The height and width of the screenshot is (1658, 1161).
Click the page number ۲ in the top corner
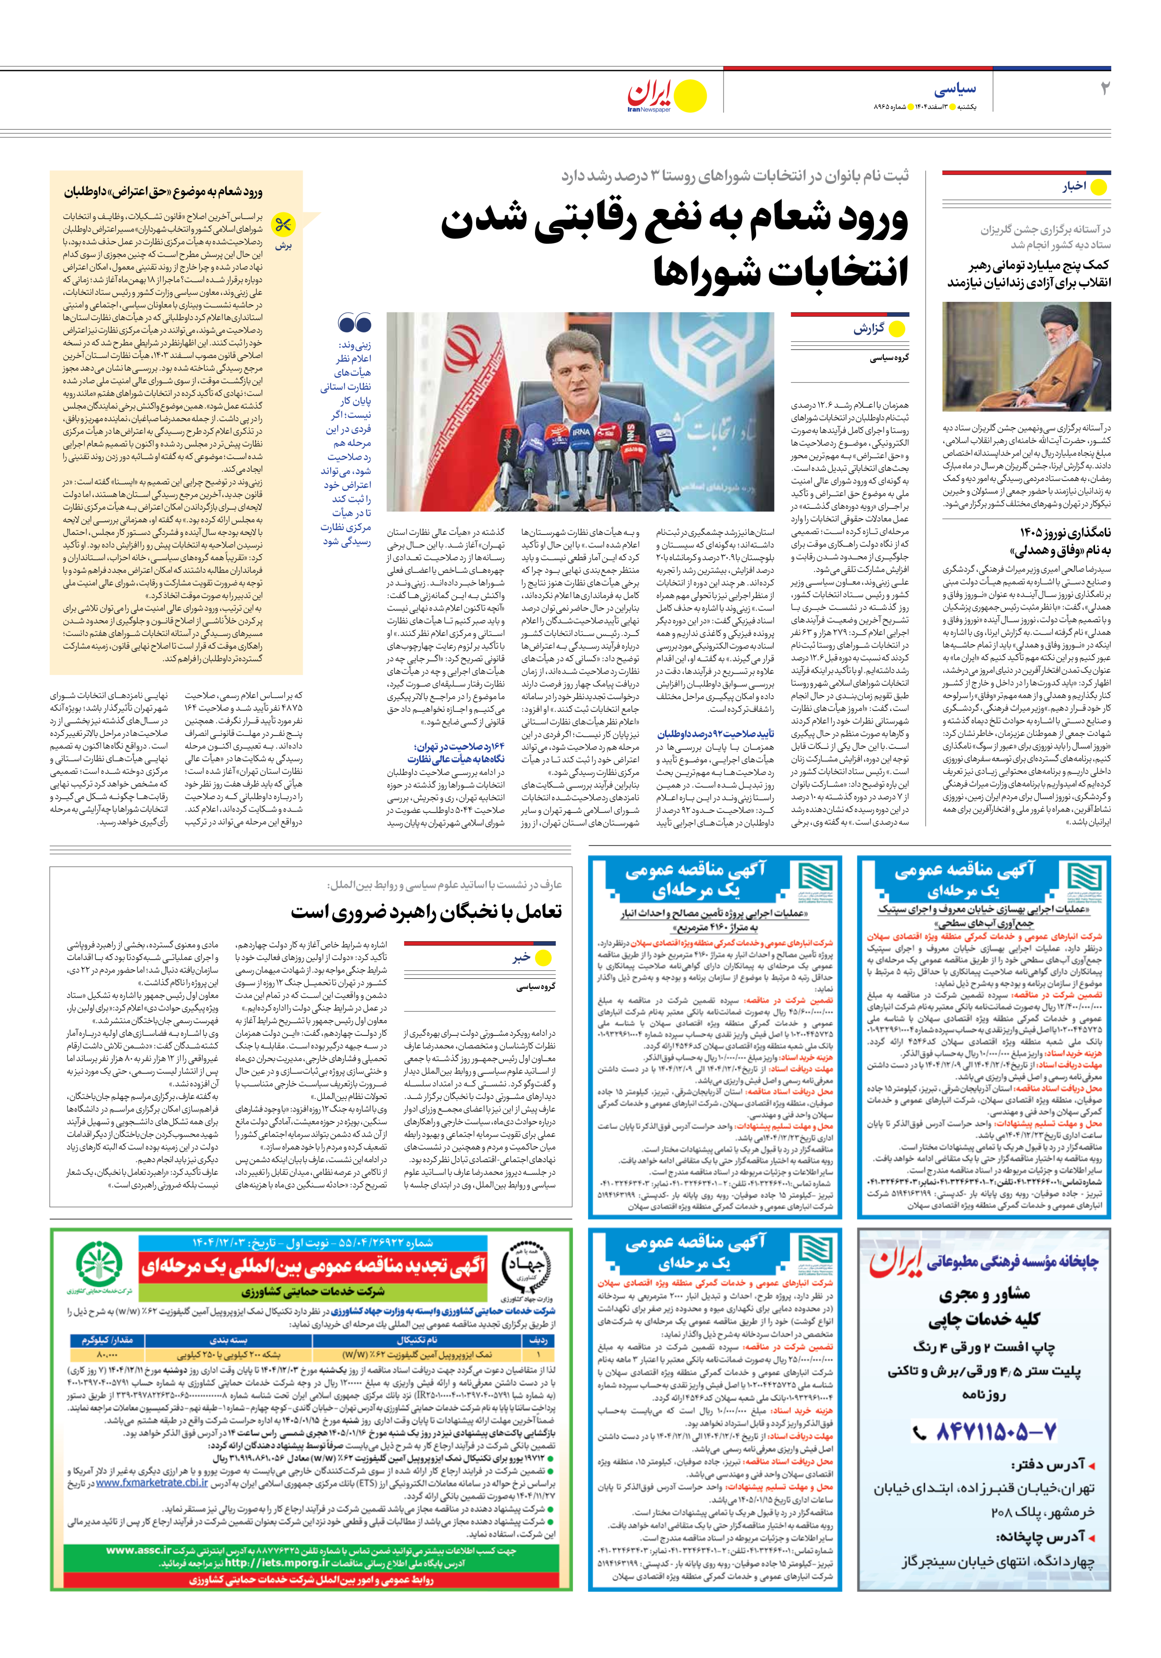(1104, 89)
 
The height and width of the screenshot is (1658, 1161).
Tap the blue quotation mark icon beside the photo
(354, 324)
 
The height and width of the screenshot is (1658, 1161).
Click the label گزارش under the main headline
(868, 329)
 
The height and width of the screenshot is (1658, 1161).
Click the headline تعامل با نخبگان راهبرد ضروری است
(426, 912)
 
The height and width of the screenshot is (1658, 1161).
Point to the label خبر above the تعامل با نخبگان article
(522, 957)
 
